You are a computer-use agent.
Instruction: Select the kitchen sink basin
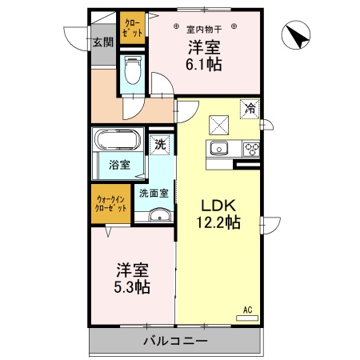219,148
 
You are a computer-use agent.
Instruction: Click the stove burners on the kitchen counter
251,148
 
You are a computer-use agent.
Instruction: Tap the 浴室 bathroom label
118,166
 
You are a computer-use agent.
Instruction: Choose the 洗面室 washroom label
153,193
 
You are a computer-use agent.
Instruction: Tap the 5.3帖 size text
133,286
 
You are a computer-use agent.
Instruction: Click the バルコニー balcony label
175,341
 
